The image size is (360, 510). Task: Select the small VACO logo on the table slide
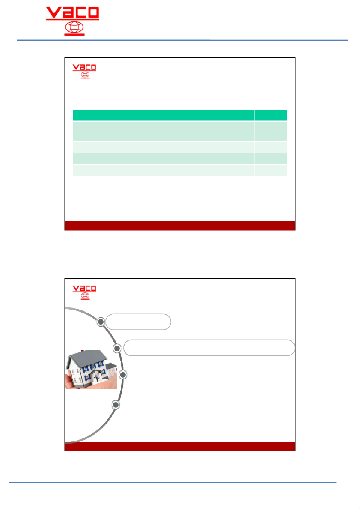tap(84, 71)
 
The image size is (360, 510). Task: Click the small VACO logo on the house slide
tap(84, 292)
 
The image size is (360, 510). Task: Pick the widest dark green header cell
tap(179, 115)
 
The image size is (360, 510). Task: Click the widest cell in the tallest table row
tap(179, 131)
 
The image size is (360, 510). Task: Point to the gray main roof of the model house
tap(88, 358)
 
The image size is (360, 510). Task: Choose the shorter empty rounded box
tap(138, 322)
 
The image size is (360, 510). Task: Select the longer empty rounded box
tap(209, 348)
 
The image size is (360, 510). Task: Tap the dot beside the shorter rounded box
tap(101, 322)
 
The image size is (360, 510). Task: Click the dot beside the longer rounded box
tap(117, 348)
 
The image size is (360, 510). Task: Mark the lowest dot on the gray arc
tap(116, 405)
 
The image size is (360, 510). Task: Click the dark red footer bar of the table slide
tap(180, 225)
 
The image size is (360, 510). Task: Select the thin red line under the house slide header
tap(196, 301)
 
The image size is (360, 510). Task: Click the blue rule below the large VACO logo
tap(182, 40)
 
